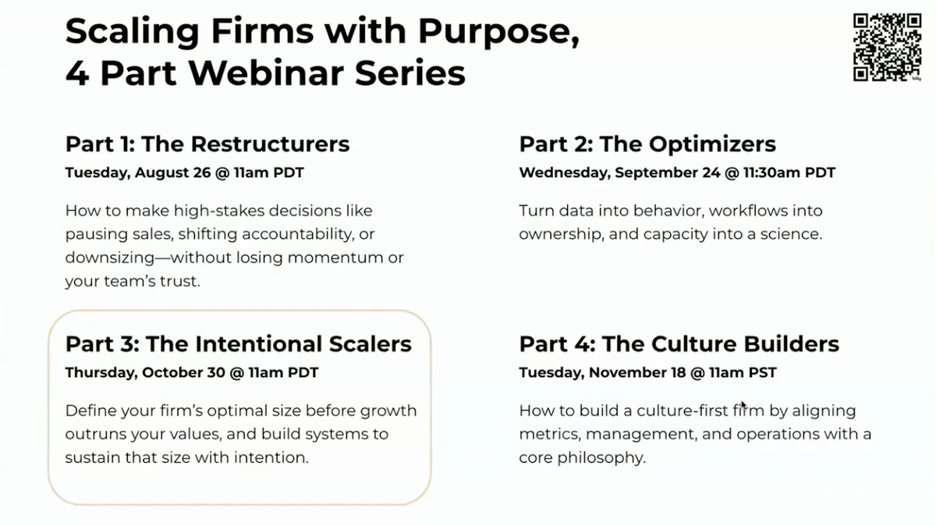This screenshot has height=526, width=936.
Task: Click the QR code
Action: pyautogui.click(x=887, y=47)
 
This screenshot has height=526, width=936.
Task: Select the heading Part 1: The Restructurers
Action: pyautogui.click(x=207, y=144)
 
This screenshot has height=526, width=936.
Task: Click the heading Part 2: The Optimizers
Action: pyautogui.click(x=647, y=144)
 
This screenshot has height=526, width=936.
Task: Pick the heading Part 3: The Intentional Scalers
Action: pyautogui.click(x=238, y=344)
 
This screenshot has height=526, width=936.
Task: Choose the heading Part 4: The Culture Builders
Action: pyautogui.click(x=679, y=344)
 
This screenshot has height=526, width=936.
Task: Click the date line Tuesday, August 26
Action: pyautogui.click(x=138, y=172)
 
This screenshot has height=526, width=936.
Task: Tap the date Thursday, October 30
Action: pyautogui.click(x=145, y=372)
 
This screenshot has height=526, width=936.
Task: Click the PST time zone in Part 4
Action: pyautogui.click(x=762, y=372)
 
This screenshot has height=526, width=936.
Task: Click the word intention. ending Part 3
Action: pyautogui.click(x=271, y=458)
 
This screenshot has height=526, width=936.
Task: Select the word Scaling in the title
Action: pyautogui.click(x=132, y=32)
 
